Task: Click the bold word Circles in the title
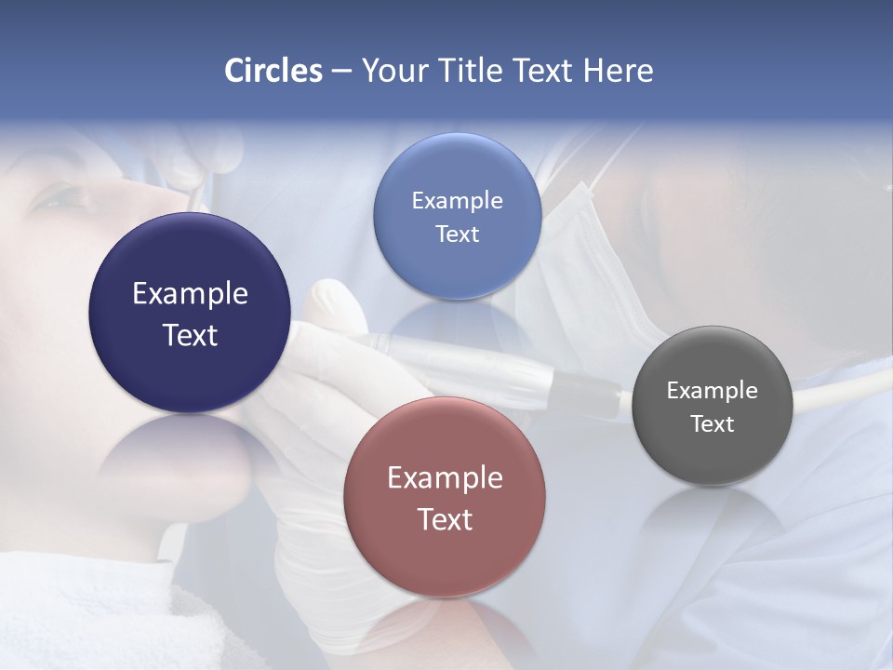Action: pos(273,71)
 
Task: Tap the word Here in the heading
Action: pos(618,71)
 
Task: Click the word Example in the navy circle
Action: pos(190,293)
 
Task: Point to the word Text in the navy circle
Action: pos(190,335)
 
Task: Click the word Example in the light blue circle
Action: pos(457,200)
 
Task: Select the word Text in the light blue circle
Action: pos(457,234)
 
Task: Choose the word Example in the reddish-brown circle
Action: pos(445,477)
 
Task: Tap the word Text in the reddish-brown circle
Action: pos(445,519)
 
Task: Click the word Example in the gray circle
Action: pos(713,390)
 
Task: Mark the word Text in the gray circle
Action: pos(713,423)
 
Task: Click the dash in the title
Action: pos(341,71)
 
